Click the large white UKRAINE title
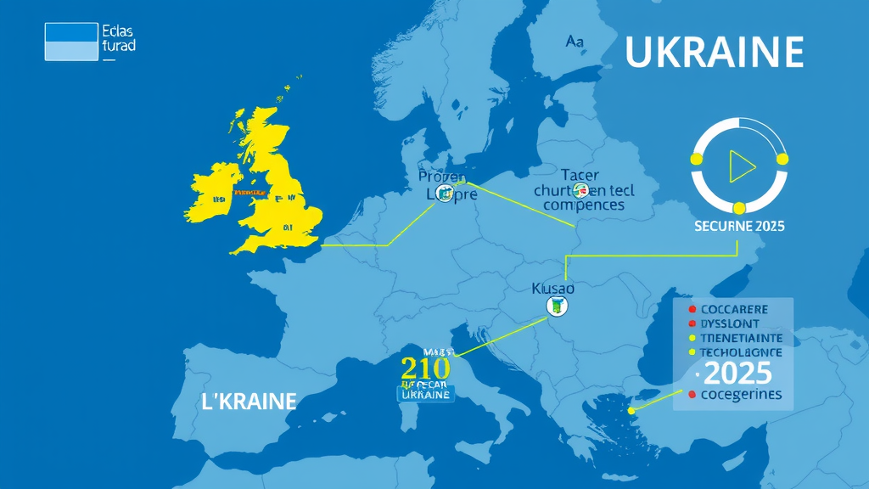coord(714,53)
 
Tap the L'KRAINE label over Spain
coord(249,401)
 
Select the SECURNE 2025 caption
coord(738,227)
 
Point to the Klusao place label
coord(552,288)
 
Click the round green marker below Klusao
coord(557,307)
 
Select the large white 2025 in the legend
coord(737,372)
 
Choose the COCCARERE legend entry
coord(735,310)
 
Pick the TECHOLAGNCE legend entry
coord(740,351)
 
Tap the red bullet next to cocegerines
coord(692,395)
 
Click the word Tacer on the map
coord(580,175)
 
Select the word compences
coord(583,205)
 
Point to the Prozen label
coord(442,177)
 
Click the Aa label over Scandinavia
coord(574,41)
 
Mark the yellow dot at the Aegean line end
coord(631,411)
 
